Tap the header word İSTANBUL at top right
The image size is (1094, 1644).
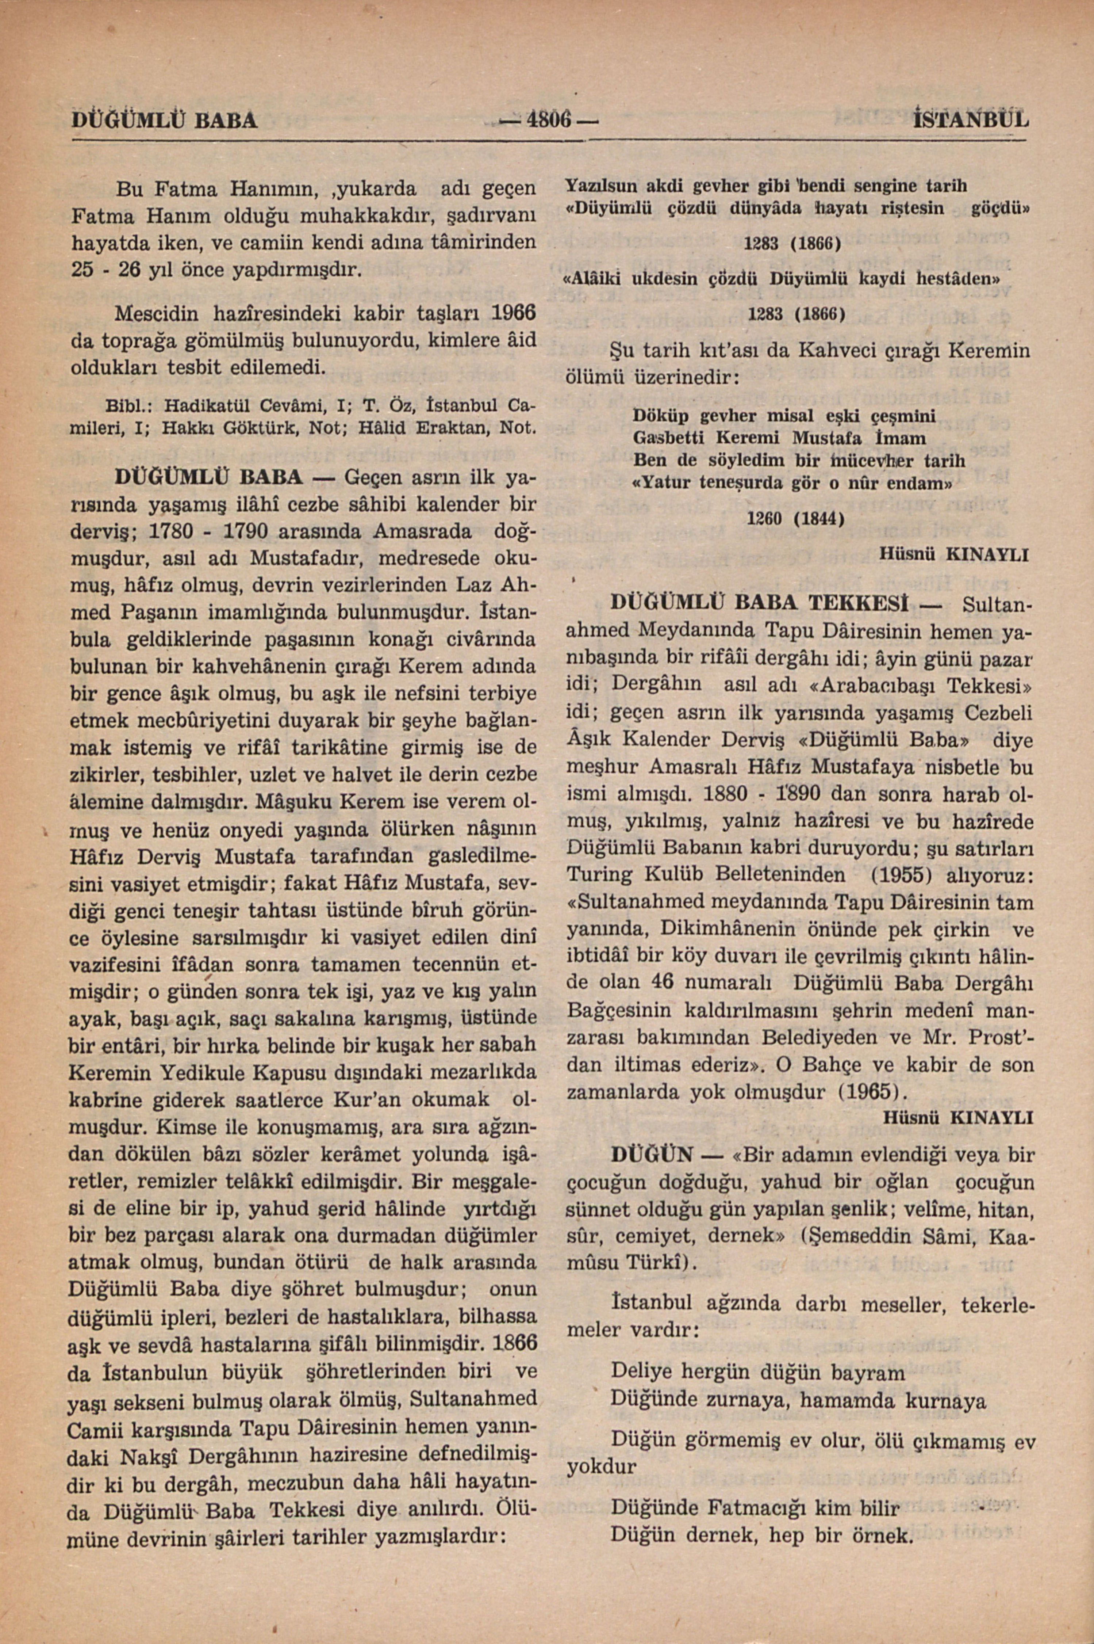971,120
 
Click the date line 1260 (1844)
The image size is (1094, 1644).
795,519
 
